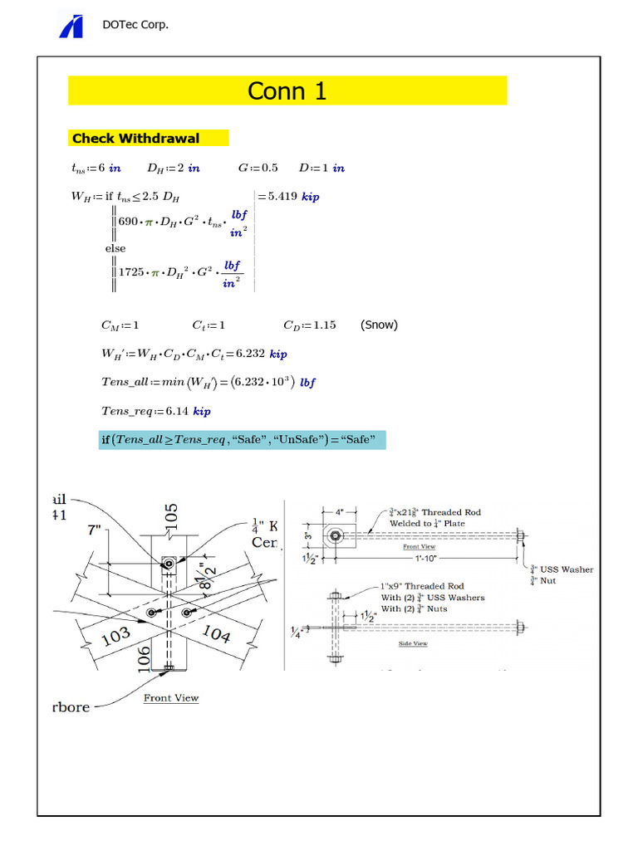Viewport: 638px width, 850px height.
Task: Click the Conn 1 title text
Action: (287, 91)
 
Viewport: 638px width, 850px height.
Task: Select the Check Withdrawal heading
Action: (135, 139)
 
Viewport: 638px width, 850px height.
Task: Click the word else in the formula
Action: (115, 247)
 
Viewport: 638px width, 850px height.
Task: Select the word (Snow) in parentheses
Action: (379, 325)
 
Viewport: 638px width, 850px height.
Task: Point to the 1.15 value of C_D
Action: (321, 325)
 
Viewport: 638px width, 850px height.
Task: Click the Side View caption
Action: (412, 643)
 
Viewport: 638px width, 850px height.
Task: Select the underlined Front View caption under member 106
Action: (171, 698)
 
